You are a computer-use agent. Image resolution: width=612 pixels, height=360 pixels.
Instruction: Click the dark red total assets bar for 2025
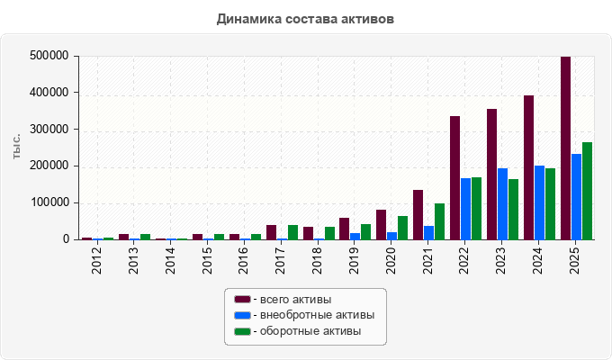tap(565, 148)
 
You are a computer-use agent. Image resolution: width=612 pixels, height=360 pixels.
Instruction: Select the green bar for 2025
tap(587, 191)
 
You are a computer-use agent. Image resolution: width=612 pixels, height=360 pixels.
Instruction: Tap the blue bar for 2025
tap(577, 197)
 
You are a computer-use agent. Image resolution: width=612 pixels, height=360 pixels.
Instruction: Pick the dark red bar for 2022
tap(454, 177)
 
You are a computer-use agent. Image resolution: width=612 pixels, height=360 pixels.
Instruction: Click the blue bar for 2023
tap(503, 203)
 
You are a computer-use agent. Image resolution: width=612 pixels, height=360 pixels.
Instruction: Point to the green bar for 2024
tap(550, 203)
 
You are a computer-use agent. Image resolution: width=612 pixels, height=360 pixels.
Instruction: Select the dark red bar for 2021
tap(418, 215)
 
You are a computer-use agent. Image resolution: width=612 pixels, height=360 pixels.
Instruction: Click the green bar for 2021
tap(439, 221)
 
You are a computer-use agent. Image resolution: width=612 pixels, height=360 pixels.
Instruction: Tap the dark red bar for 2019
tap(344, 229)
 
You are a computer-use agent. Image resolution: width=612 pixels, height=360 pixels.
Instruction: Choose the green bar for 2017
tap(292, 232)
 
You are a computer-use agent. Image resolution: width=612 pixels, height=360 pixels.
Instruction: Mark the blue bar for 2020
tap(391, 236)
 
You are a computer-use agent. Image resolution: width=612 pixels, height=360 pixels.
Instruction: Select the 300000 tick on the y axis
tap(49, 130)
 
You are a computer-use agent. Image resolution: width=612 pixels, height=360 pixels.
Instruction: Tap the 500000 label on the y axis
tap(49, 56)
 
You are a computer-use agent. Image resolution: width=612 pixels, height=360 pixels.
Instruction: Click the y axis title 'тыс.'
tap(16, 147)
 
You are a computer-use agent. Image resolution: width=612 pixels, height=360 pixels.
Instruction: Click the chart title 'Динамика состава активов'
tap(305, 19)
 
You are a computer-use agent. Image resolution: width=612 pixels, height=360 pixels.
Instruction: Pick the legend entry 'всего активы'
tap(283, 300)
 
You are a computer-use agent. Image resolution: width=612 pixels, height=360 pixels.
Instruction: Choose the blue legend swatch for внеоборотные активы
tap(242, 315)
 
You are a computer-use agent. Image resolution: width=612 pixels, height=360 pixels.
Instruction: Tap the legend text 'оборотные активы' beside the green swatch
tap(310, 331)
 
